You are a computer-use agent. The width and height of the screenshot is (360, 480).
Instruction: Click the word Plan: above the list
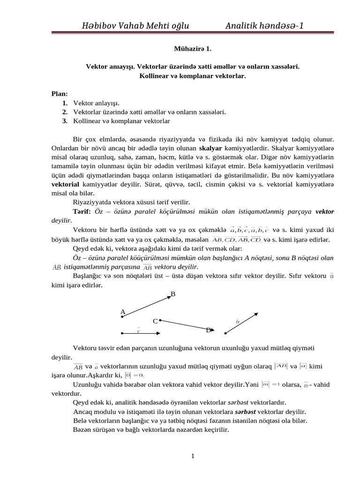[60, 93]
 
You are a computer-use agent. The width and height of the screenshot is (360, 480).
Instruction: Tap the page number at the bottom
[192, 457]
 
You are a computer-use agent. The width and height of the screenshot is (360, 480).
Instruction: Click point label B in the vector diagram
[172, 294]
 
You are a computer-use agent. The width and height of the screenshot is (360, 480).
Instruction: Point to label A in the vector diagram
[123, 311]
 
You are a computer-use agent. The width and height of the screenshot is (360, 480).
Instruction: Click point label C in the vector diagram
[155, 321]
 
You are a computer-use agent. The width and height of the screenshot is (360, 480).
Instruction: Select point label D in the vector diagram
[208, 330]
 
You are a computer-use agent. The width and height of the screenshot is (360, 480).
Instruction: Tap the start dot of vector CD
[160, 321]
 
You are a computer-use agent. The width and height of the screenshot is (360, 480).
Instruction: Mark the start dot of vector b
[225, 333]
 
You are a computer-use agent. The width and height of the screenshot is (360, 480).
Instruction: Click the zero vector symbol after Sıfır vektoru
[332, 276]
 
